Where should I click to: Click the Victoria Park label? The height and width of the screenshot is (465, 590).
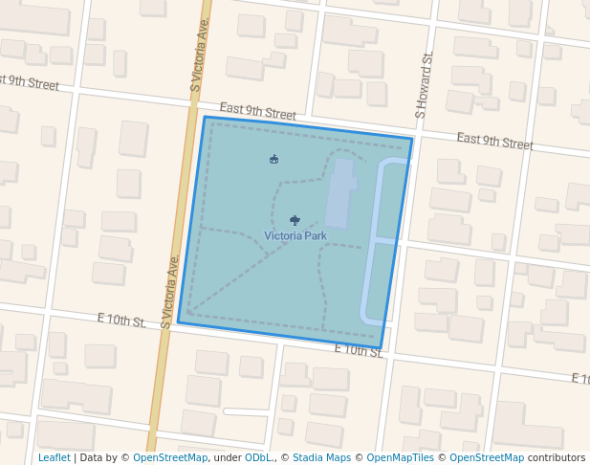(295, 235)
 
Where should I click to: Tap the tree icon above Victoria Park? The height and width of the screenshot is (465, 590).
(295, 221)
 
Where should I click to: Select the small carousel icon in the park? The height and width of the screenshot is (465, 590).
(274, 159)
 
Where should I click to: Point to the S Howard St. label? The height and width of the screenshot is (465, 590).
(425, 86)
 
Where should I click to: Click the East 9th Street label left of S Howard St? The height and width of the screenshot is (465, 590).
(258, 112)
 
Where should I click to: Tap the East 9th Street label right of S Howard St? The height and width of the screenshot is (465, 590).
(494, 141)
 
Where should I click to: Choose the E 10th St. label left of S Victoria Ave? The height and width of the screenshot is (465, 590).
(121, 320)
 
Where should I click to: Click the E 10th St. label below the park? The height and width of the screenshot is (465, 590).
(359, 351)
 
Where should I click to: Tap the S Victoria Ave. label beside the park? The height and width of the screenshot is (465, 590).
(170, 292)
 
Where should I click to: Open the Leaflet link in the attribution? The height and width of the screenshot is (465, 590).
(54, 458)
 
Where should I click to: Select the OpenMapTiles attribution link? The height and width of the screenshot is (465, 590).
(396, 458)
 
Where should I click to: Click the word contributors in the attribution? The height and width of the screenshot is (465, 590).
(557, 458)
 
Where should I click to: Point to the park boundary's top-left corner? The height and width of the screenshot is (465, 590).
(205, 118)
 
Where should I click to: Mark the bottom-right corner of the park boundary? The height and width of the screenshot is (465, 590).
(381, 348)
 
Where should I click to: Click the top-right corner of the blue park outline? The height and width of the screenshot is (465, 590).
(412, 140)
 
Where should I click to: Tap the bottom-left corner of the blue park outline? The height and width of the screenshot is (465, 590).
(179, 322)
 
